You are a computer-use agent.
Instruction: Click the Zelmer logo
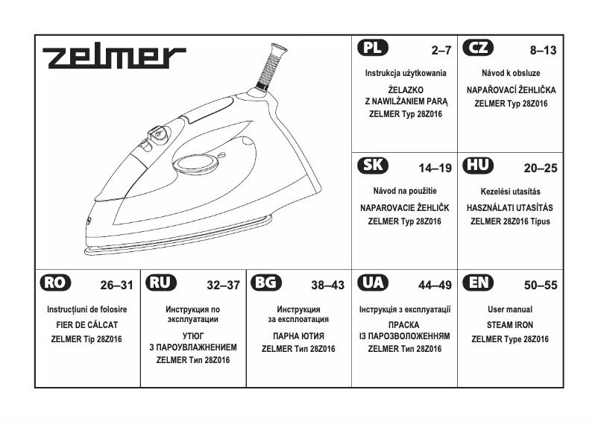point(113,57)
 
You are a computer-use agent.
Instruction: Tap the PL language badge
point(373,49)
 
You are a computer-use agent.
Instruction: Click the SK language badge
point(373,166)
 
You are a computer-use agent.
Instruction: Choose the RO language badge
point(55,283)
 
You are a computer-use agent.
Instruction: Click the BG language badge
point(267,283)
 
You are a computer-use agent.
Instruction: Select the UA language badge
point(373,283)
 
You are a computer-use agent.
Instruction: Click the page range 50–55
point(541,285)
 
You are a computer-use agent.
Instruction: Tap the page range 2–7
point(441,51)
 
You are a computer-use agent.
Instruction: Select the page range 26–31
point(116,285)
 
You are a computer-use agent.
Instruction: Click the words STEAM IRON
point(510,325)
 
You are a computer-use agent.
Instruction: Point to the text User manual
point(510,309)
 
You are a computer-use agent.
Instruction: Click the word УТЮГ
point(193,336)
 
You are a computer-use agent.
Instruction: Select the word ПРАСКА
point(404,325)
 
